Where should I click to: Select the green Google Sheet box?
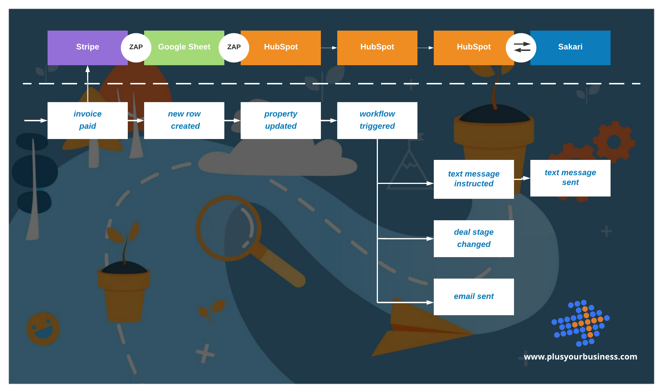tap(184, 48)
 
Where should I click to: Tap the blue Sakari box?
tap(570, 48)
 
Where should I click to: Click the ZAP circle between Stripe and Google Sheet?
tap(136, 47)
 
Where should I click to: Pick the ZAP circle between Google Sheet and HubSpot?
tap(234, 47)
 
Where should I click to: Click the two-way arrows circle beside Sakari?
tap(521, 47)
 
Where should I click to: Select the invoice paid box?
tap(87, 120)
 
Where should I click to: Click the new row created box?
tap(184, 120)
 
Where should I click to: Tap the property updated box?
tap(280, 120)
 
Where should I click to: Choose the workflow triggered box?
tap(377, 120)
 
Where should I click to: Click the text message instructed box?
tap(474, 179)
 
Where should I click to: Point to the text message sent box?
tap(570, 178)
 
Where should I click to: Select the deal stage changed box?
tap(474, 238)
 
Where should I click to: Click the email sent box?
tap(474, 297)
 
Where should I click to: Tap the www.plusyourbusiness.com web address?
tap(580, 357)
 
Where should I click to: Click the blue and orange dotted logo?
tap(580, 323)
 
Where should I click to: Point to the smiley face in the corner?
tap(43, 329)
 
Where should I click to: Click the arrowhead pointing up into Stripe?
tap(88, 69)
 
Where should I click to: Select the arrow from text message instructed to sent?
tap(522, 178)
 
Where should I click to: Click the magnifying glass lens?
tap(228, 228)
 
